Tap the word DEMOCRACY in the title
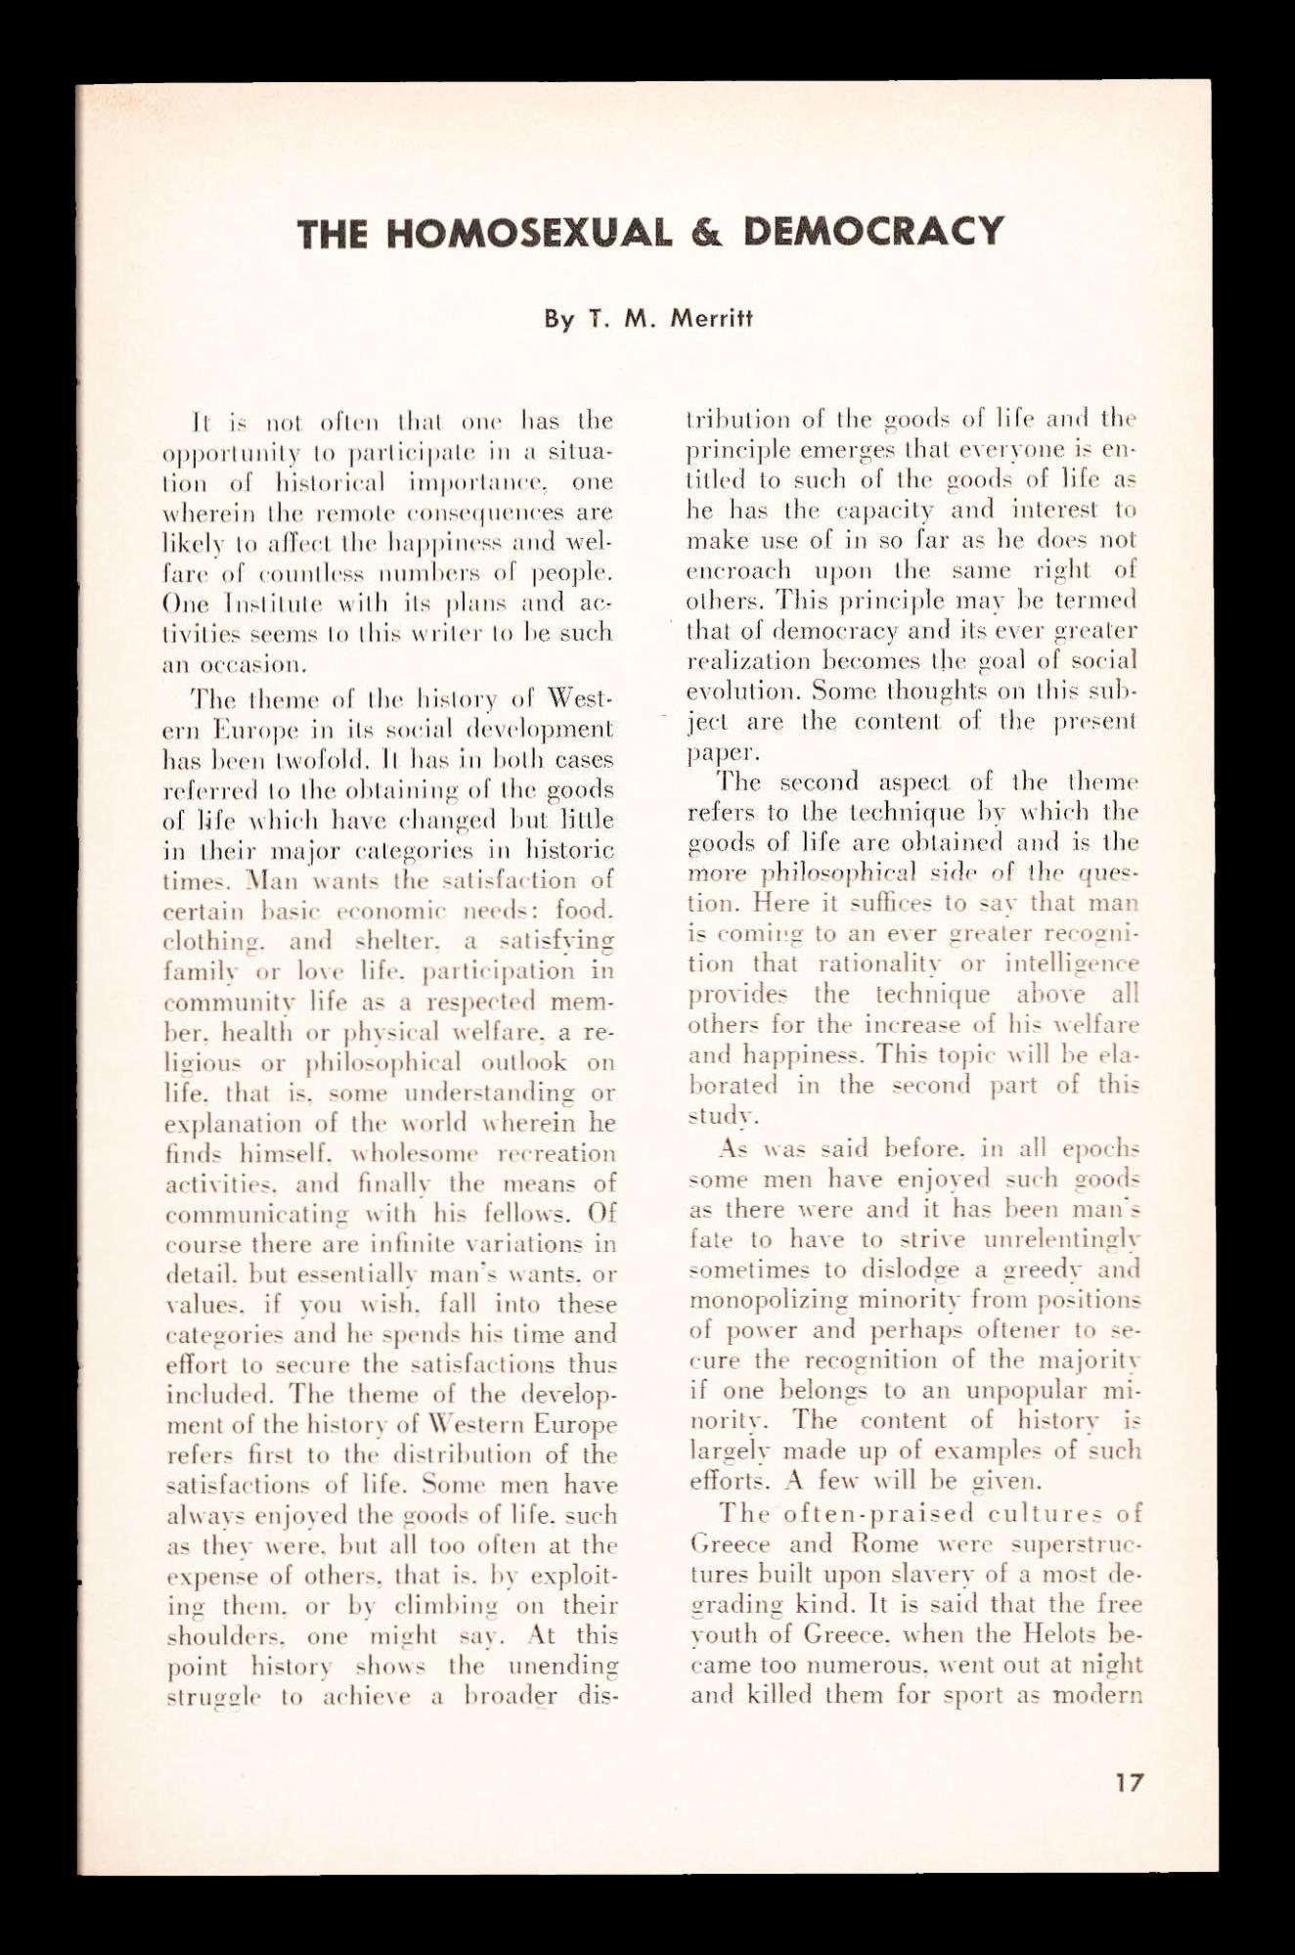click(x=873, y=232)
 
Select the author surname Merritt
click(x=711, y=319)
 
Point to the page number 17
click(x=1129, y=1782)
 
